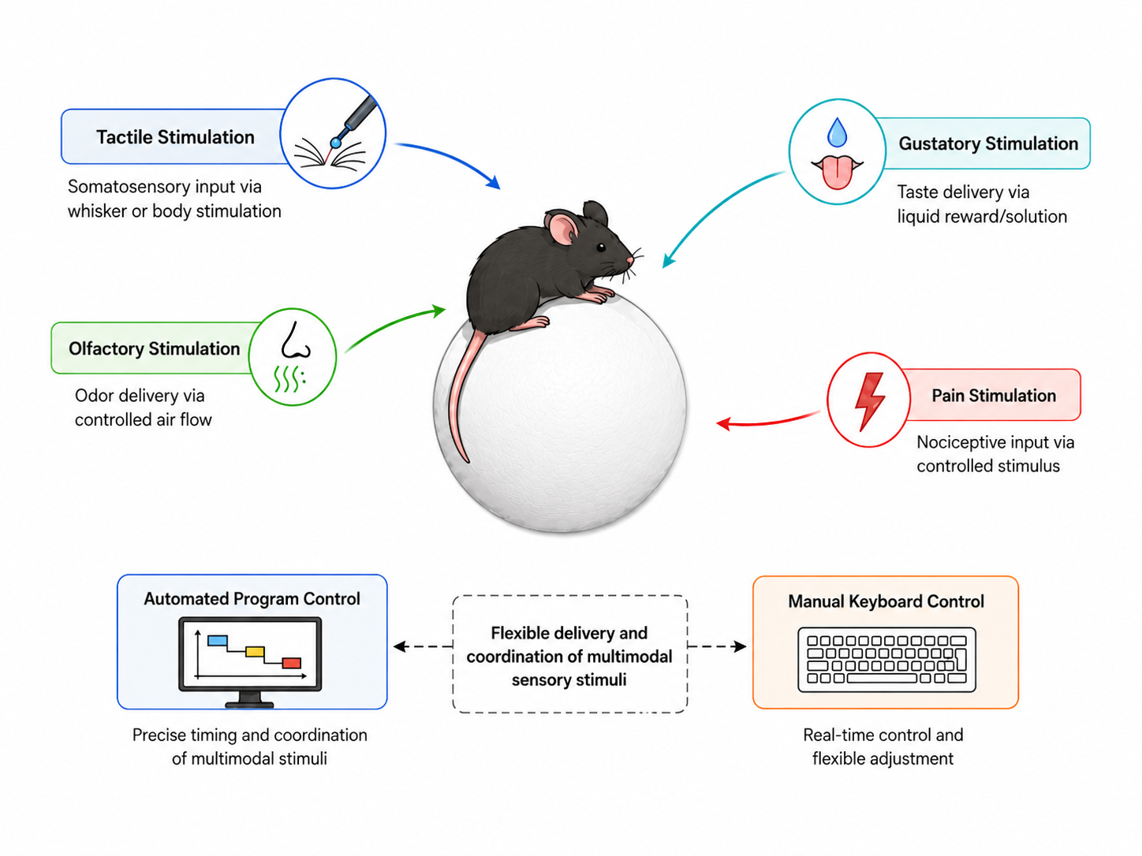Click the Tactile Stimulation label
[x=175, y=137]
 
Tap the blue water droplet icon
[x=837, y=132]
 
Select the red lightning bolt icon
[x=869, y=401]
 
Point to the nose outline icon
[x=296, y=341]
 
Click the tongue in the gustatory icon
[x=837, y=172]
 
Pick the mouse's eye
[x=601, y=247]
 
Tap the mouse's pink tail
[x=461, y=395]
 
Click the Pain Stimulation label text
[x=994, y=396]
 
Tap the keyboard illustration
[x=886, y=660]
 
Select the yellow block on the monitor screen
[x=255, y=651]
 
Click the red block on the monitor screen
[x=291, y=663]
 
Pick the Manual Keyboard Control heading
[x=886, y=601]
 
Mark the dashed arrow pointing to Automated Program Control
[x=423, y=646]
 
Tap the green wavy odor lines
[x=289, y=378]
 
